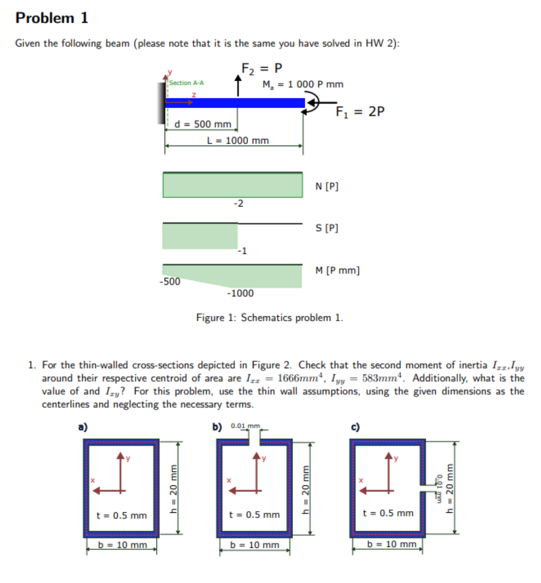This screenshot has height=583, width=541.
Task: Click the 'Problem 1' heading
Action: (52, 18)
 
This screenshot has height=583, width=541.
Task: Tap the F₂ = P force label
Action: (262, 69)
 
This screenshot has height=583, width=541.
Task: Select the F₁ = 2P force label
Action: (360, 112)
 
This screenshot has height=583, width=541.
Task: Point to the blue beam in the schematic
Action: (235, 103)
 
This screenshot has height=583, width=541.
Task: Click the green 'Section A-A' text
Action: (187, 83)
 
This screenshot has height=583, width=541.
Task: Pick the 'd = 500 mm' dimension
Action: (203, 124)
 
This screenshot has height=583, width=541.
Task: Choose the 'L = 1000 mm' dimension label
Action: (238, 141)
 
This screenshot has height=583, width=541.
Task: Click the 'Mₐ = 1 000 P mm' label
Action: (303, 84)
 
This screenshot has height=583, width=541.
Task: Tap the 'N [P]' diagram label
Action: (327, 186)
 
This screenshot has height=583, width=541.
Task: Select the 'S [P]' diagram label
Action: (327, 228)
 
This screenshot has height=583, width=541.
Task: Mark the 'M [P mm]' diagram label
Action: (337, 270)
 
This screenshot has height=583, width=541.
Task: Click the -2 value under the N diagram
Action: (238, 203)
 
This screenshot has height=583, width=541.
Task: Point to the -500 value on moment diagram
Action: (170, 282)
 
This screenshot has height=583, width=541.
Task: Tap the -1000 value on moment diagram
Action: (240, 293)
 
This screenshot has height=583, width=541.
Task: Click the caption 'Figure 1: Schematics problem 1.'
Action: (270, 318)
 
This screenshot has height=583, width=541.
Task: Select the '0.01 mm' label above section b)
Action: (245, 426)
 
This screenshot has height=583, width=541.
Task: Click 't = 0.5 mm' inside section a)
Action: (122, 515)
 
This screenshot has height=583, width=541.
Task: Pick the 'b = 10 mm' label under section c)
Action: (392, 544)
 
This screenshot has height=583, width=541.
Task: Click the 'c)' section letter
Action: (355, 427)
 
